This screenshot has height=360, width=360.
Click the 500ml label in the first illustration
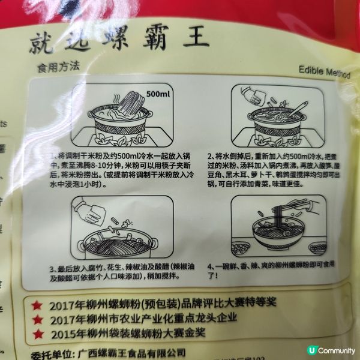coord(158,94)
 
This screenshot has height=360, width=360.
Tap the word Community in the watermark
coord(337,350)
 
